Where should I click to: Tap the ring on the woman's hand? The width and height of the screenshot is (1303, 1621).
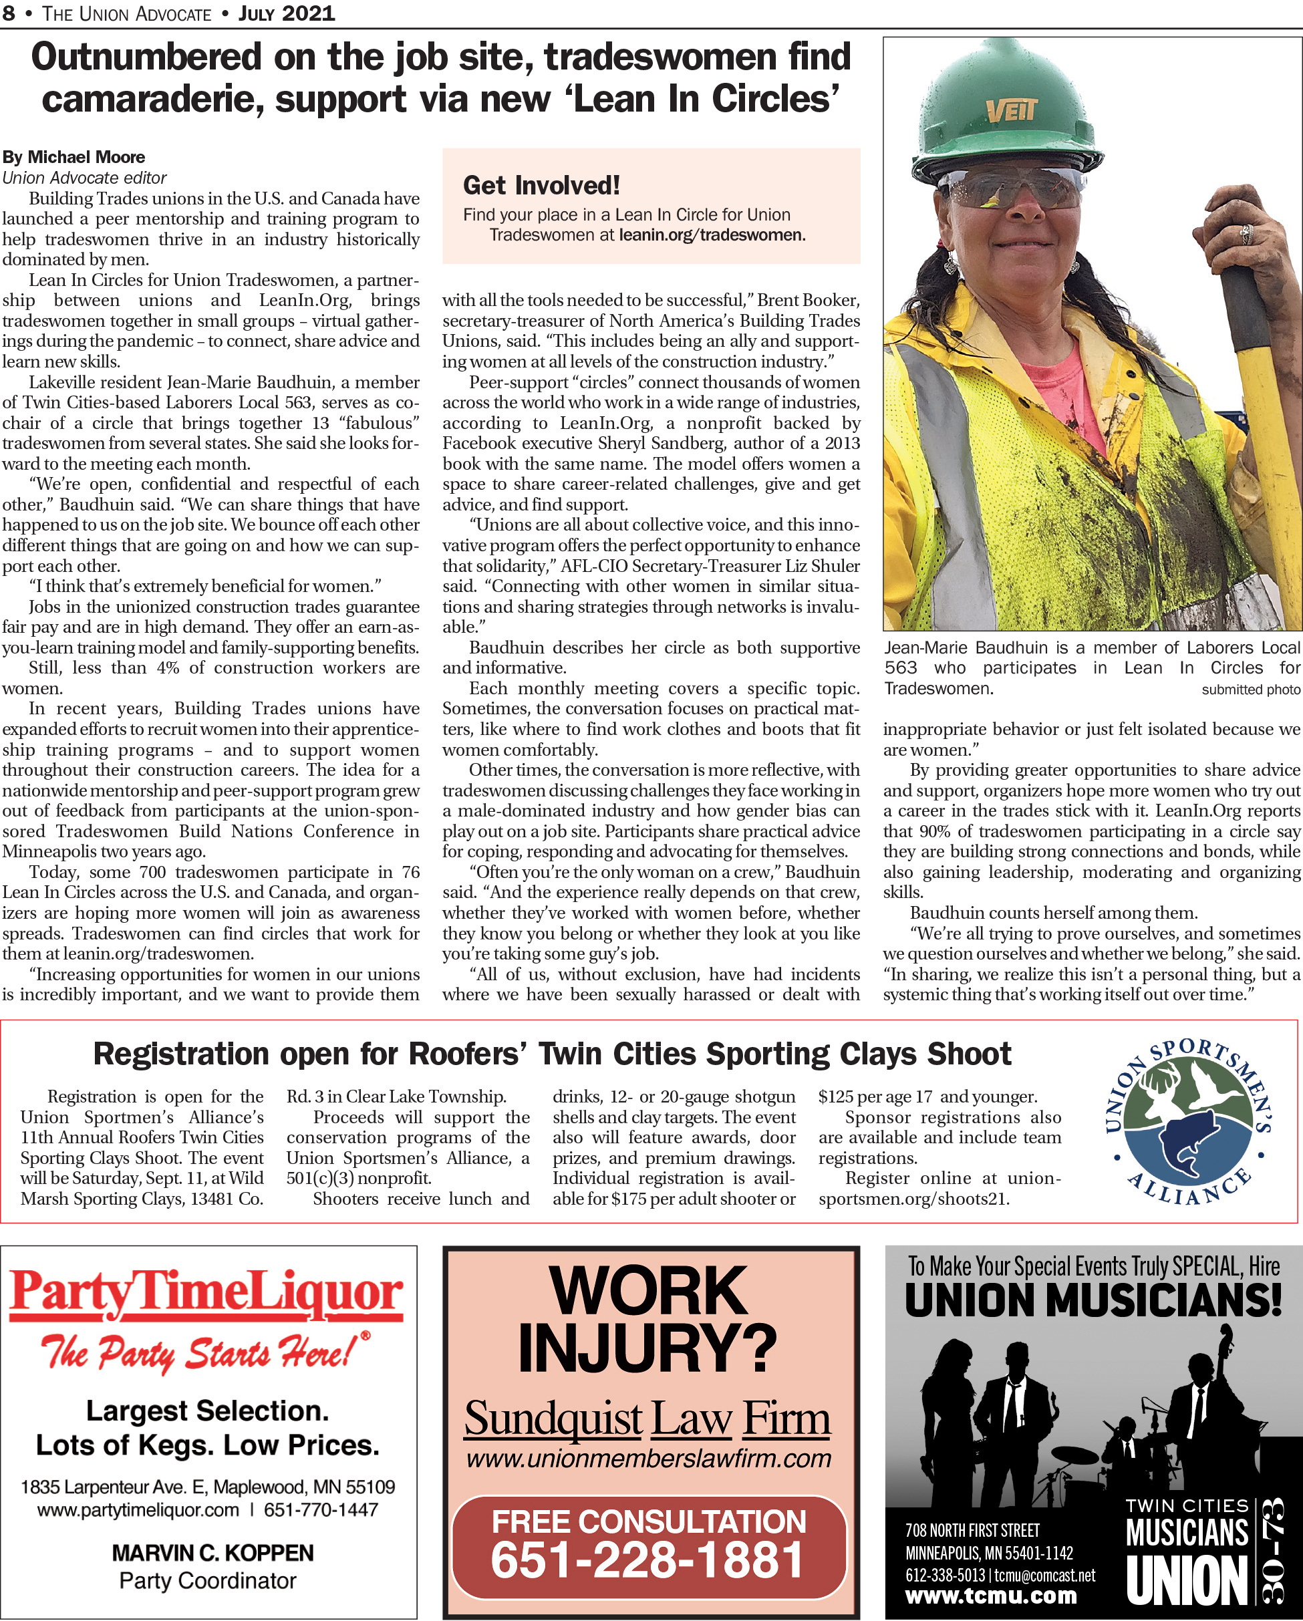(1246, 234)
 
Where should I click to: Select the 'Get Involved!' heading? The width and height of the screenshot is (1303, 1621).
(541, 185)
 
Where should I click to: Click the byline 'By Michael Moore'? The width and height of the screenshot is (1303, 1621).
(74, 157)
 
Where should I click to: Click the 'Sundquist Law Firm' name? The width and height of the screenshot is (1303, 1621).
(647, 1419)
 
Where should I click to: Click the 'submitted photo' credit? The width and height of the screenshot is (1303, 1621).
(1250, 690)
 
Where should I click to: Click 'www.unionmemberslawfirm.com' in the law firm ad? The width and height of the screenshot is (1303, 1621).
(648, 1459)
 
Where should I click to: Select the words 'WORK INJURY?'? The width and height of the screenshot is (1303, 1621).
(648, 1319)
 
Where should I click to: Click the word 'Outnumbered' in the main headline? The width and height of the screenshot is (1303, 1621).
(146, 58)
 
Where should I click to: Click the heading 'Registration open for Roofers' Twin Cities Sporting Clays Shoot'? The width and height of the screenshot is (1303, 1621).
(552, 1054)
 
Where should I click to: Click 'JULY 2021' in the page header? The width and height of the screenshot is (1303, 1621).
(287, 13)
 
